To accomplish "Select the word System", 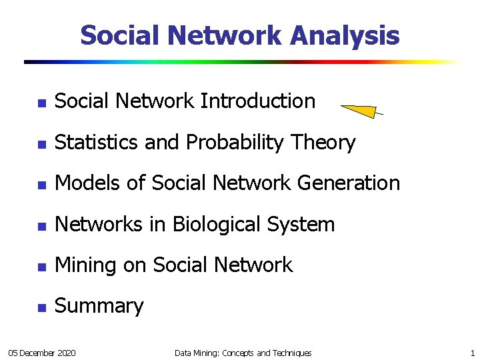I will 303,225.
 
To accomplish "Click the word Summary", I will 99,306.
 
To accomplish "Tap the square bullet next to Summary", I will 41,308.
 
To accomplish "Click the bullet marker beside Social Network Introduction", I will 41,103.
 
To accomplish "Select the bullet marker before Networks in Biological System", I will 41,226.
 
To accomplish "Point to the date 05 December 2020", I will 41,353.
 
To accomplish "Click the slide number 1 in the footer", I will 472,353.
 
